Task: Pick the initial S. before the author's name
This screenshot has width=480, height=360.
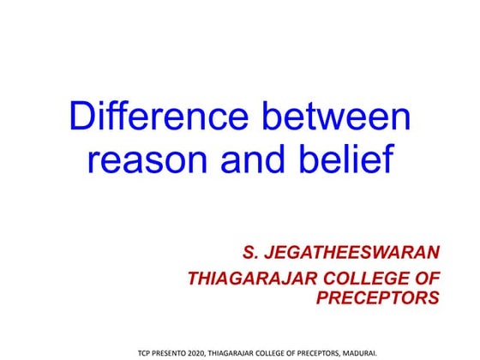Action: click(x=253, y=253)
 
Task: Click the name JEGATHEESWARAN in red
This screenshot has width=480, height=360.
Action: click(x=357, y=253)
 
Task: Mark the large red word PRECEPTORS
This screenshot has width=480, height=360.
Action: click(x=378, y=298)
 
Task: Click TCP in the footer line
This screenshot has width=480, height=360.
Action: click(x=146, y=351)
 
